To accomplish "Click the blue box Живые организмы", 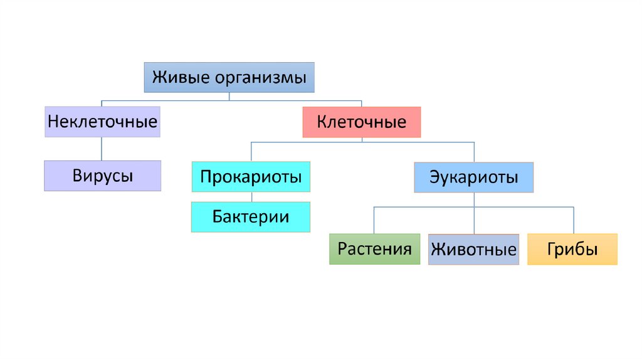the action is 229,78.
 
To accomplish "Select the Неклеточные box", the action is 102,122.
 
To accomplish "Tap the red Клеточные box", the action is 362,122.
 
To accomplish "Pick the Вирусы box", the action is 102,176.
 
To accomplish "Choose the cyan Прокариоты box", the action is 251,177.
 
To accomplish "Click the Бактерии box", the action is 251,217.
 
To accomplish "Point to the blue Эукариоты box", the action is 473,177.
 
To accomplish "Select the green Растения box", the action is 374,249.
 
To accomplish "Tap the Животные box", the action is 473,250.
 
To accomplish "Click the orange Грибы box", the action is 572,249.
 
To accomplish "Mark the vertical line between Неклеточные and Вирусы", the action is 102,149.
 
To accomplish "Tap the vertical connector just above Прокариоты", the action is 251,152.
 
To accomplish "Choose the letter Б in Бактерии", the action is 217,217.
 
